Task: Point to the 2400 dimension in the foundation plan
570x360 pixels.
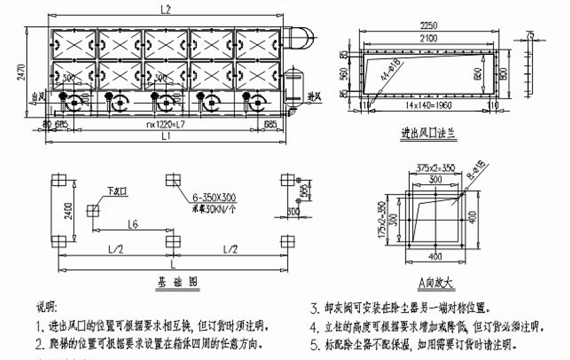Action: point(70,210)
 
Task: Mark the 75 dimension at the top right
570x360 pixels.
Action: point(529,35)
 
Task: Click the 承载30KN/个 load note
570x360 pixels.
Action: point(213,208)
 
